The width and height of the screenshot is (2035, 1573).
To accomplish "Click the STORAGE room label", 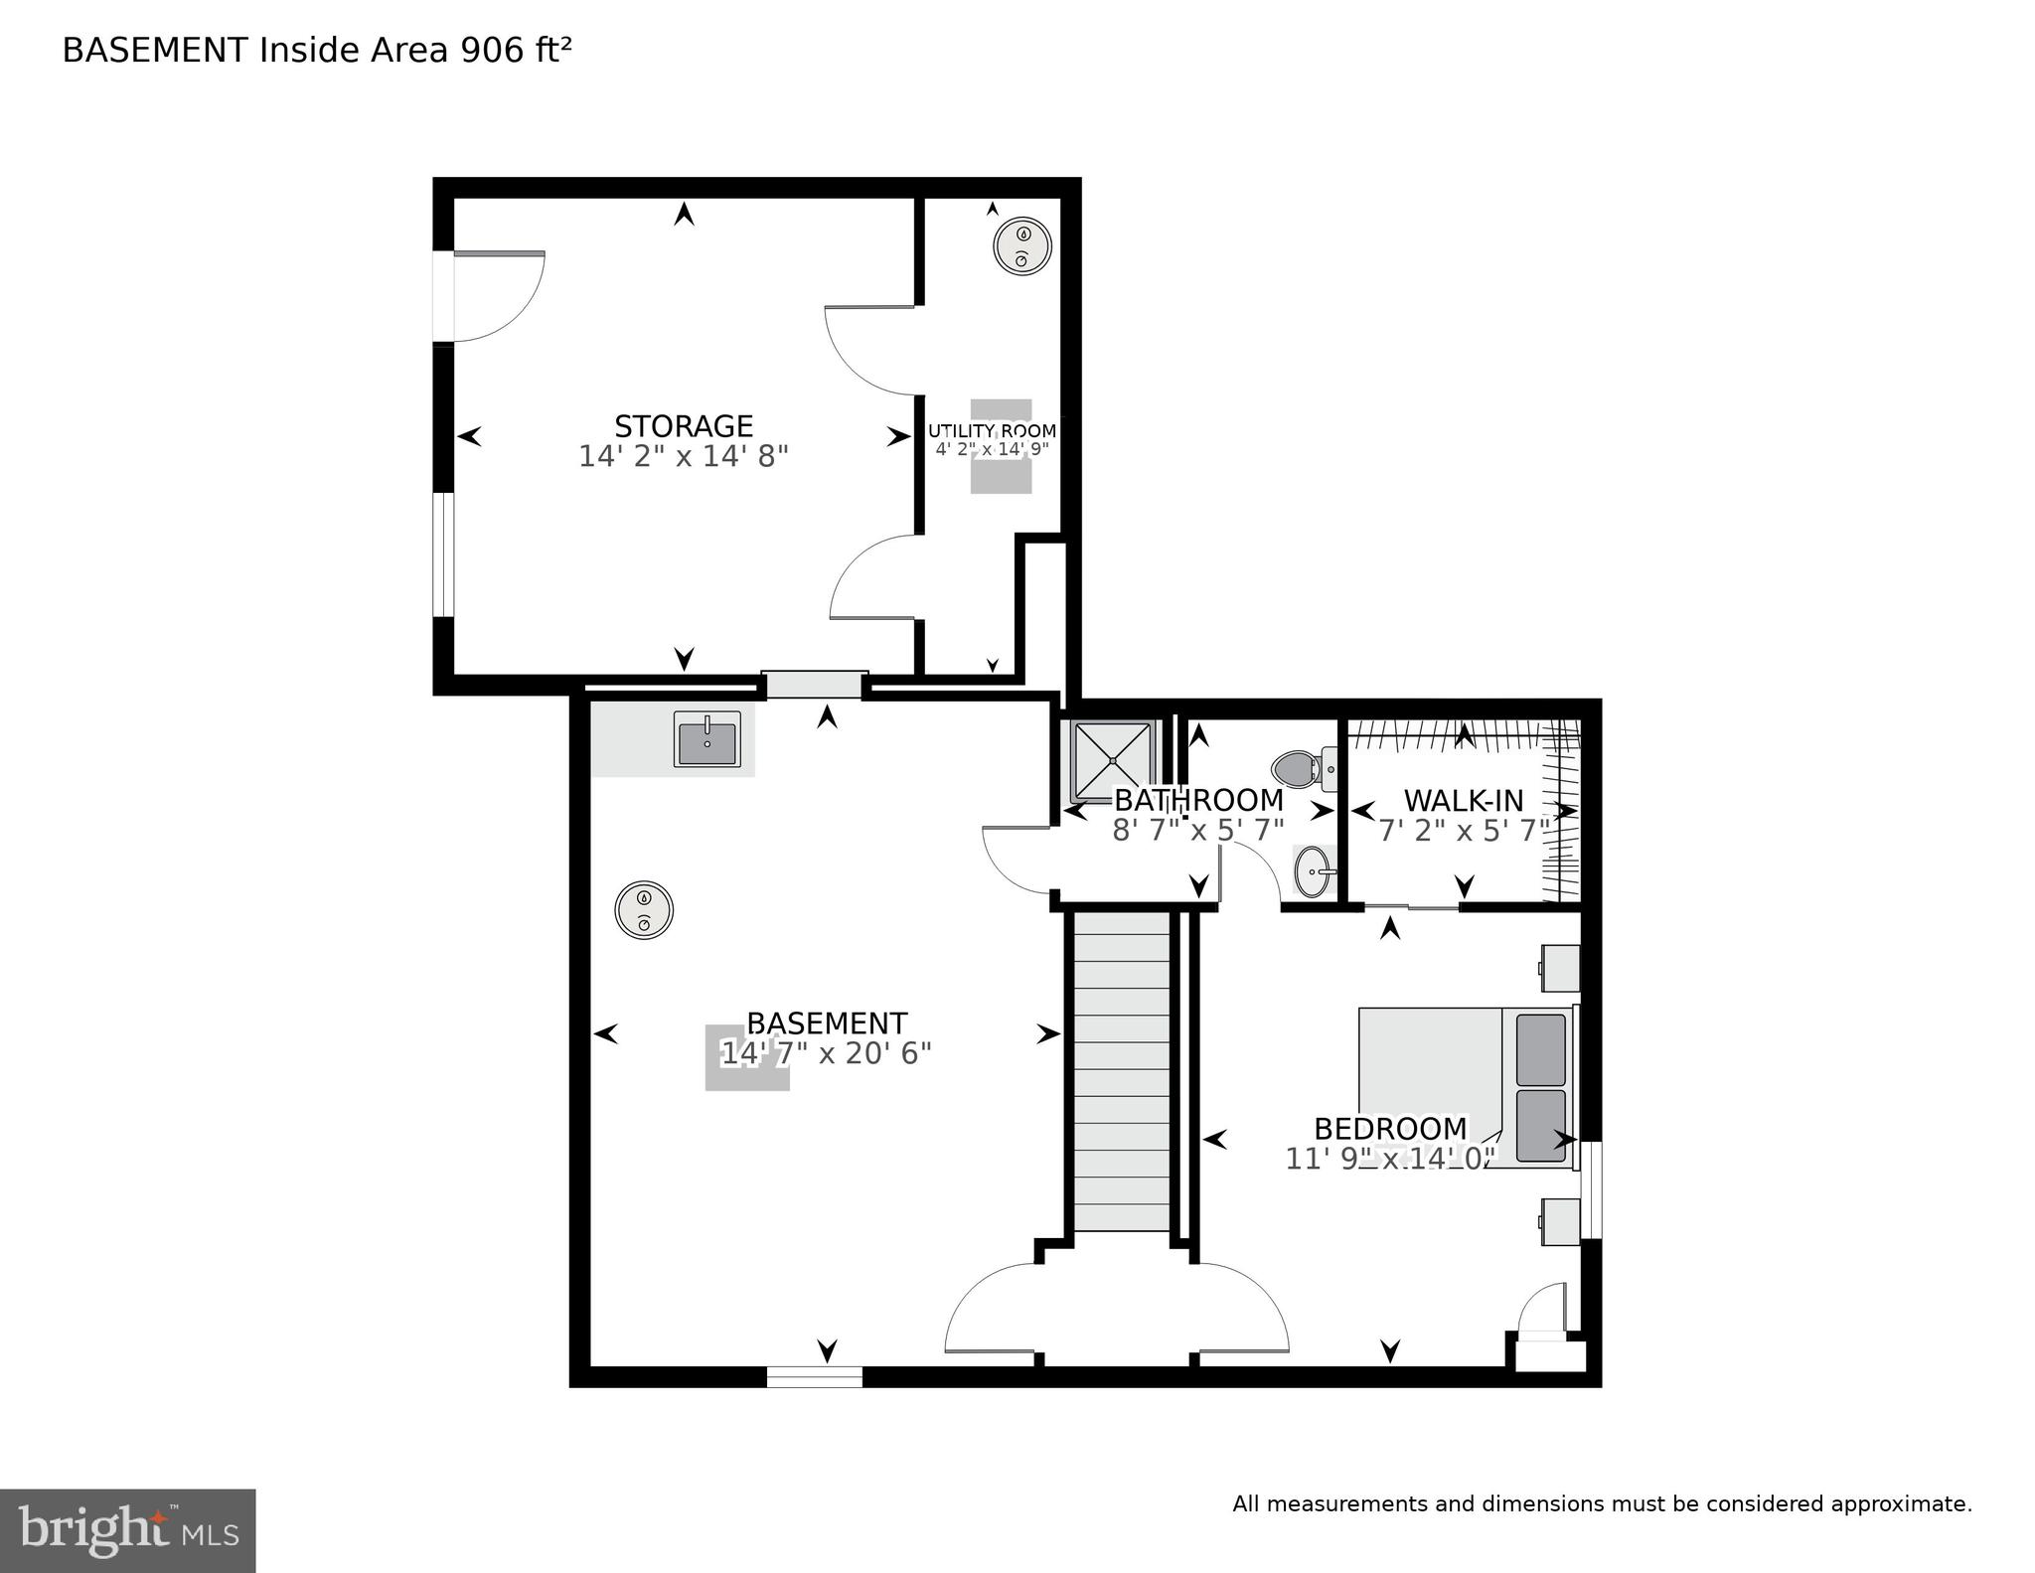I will coord(684,426).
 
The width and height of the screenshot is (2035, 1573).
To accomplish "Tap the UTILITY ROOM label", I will coord(992,430).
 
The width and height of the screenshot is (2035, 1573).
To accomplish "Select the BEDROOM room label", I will coord(1389,1129).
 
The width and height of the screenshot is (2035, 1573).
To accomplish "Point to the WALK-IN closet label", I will coord(1463,800).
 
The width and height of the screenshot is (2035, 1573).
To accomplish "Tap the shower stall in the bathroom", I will coord(1111,760).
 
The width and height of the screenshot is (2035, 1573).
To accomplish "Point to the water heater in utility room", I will coord(1022,246).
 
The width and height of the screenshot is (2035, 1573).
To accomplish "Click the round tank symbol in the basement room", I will coord(644,910).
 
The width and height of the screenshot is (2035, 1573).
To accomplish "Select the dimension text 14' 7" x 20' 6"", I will coord(826,1053).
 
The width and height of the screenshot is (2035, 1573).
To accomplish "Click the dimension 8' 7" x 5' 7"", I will coord(1197,830).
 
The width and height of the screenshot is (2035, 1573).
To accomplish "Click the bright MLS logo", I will coord(127,1530).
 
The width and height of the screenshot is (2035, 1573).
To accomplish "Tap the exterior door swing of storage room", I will coord(497,296).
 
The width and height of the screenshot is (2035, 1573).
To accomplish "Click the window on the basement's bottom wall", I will coord(814,1376).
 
